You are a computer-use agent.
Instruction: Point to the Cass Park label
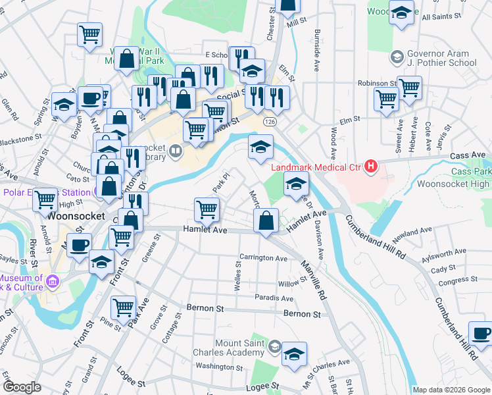[x=472, y=171]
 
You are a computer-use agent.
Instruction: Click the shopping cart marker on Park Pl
[x=207, y=210]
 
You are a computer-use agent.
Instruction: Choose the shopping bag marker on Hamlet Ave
[x=266, y=221]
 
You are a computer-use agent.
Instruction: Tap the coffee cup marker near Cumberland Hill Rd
[x=481, y=333]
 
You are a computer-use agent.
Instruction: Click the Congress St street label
[x=453, y=282]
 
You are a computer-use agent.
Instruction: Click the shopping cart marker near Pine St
[x=123, y=307]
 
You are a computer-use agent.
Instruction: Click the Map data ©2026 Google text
[x=451, y=390]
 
